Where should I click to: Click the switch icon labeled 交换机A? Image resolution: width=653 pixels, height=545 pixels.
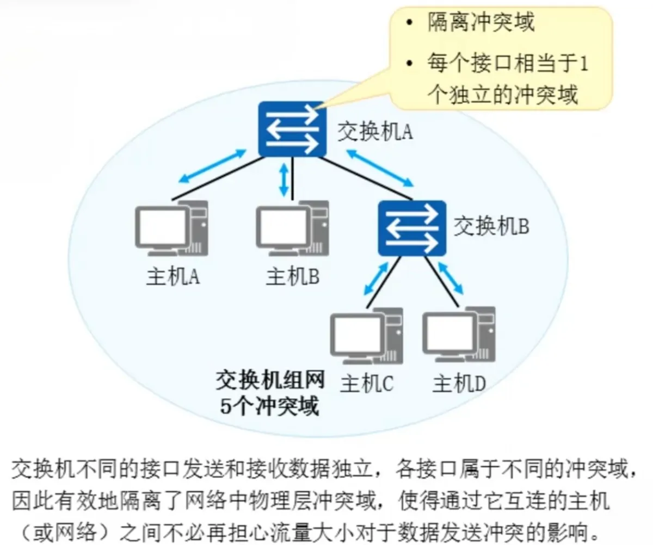[292, 129]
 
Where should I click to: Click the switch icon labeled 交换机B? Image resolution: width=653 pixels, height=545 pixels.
[412, 228]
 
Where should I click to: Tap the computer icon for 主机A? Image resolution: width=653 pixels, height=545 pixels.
[171, 228]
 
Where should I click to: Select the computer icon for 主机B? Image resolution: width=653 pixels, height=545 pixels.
[292, 228]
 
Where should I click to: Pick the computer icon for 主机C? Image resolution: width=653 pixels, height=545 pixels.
[367, 336]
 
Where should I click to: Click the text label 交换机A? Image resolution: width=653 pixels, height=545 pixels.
[375, 132]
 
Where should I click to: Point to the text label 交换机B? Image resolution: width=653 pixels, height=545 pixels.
[491, 226]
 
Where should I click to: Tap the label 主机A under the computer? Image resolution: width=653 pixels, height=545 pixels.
[174, 277]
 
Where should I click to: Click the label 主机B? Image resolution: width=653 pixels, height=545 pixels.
[293, 277]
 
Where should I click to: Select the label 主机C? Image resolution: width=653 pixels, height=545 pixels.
[367, 385]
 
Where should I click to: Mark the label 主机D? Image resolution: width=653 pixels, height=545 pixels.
[459, 385]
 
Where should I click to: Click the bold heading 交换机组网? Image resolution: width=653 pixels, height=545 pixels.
[270, 380]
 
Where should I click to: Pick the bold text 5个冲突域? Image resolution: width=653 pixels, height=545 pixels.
[269, 406]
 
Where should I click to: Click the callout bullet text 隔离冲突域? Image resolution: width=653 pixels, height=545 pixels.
[481, 22]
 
